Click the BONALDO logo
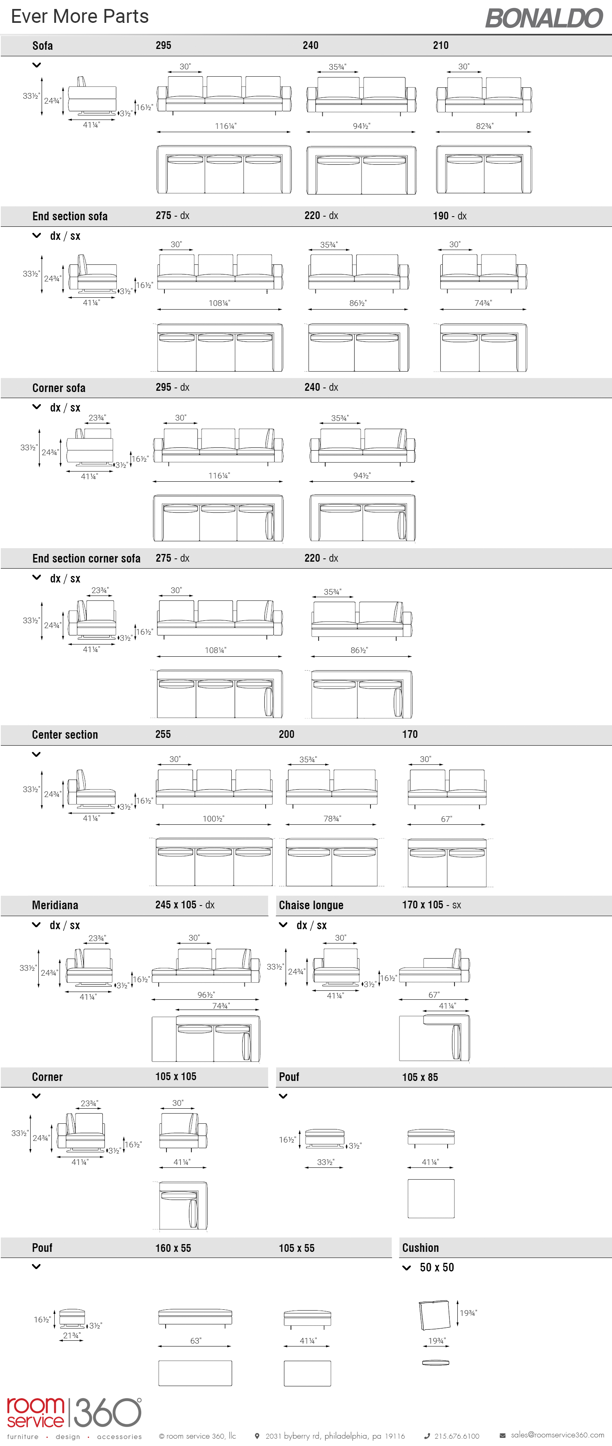pyautogui.click(x=543, y=18)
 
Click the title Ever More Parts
pyautogui.click(x=80, y=16)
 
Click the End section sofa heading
pyautogui.click(x=70, y=216)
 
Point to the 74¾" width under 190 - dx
pyautogui.click(x=483, y=303)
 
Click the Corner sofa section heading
pyautogui.click(x=58, y=388)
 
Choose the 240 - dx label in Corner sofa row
pyautogui.click(x=321, y=388)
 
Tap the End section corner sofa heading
pyautogui.click(x=86, y=558)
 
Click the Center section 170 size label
pyautogui.click(x=410, y=734)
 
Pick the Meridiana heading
pyautogui.click(x=55, y=905)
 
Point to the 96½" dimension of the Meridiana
pyautogui.click(x=206, y=995)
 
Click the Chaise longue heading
pyautogui.click(x=311, y=905)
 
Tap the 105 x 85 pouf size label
pyautogui.click(x=420, y=1076)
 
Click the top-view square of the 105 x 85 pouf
pyautogui.click(x=431, y=1198)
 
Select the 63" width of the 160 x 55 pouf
pyautogui.click(x=195, y=1340)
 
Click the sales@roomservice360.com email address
pyautogui.click(x=557, y=1435)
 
